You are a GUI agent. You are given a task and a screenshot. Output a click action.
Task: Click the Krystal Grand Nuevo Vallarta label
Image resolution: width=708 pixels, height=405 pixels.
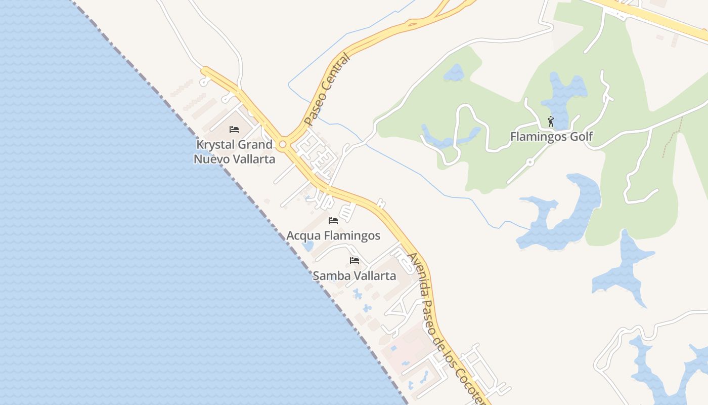235,152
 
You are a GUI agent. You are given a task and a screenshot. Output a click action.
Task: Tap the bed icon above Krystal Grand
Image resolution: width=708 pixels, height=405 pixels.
234,130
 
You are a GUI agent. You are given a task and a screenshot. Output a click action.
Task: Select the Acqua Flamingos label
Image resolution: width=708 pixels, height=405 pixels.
333,235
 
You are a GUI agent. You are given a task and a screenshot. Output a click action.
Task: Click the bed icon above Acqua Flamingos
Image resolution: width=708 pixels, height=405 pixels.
333,221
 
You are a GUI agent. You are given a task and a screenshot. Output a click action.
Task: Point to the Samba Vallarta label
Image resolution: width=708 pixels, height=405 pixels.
354,276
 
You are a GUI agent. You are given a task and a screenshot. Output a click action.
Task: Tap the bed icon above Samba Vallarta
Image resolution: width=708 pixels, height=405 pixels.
355,261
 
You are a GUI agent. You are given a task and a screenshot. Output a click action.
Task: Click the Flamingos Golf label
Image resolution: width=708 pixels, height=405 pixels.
551,136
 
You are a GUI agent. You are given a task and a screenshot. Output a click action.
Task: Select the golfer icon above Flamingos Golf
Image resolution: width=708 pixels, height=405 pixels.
551,121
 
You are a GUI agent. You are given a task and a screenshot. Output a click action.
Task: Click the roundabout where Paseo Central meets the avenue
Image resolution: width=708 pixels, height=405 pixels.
283,145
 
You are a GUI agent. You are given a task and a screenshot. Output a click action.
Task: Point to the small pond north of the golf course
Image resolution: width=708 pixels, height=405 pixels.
455,73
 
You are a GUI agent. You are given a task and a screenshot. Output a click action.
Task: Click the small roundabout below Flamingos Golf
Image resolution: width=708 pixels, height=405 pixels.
530,163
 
